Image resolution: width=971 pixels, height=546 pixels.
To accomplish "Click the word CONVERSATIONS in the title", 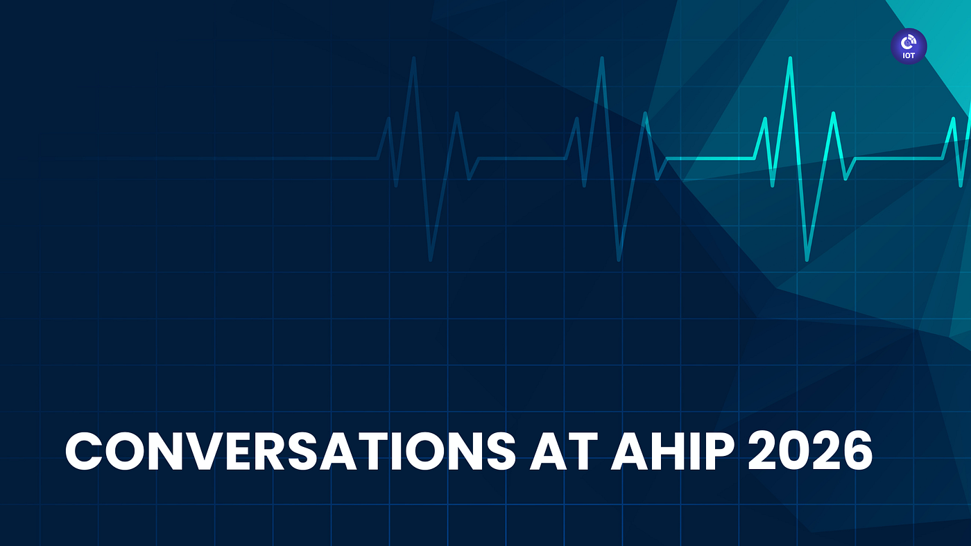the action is [291, 450].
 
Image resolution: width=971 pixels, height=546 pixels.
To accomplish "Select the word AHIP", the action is [673, 450].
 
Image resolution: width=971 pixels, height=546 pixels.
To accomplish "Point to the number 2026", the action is [810, 450].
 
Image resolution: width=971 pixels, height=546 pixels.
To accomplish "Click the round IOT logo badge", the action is [909, 46].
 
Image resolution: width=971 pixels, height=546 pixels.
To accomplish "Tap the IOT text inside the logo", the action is [909, 55].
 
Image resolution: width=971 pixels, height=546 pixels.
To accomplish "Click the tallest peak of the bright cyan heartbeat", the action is [790, 58].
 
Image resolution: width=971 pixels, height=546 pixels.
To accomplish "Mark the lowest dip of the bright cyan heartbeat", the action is [807, 260].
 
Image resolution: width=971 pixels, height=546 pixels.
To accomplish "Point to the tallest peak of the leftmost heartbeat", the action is [414, 58].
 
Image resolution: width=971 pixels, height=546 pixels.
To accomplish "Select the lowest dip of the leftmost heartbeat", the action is [431, 260].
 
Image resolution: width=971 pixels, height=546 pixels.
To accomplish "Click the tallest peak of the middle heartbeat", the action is [602, 58].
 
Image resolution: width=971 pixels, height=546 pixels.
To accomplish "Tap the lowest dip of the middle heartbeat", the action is [619, 260].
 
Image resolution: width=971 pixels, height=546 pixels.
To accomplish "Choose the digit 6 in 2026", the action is [857, 451].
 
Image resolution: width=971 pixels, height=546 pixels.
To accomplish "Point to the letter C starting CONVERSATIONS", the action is [83, 451].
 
